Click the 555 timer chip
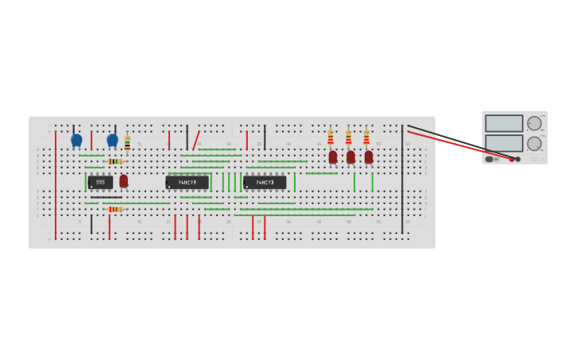(x=100, y=182)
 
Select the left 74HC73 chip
(x=187, y=182)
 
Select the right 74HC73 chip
(x=265, y=182)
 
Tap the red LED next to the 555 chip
(x=124, y=180)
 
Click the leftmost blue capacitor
(x=76, y=140)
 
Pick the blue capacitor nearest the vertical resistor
(x=112, y=140)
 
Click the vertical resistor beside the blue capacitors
(x=127, y=144)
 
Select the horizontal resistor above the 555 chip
(x=114, y=161)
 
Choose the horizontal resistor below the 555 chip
(x=114, y=209)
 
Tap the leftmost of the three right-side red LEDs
(x=333, y=157)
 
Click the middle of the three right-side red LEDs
(x=350, y=157)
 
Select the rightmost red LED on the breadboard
(x=369, y=157)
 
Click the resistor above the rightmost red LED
(x=366, y=137)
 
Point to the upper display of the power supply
(x=504, y=123)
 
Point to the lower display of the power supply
(x=504, y=143)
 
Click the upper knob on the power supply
(x=534, y=123)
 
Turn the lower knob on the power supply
(x=534, y=144)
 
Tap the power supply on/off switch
(x=489, y=159)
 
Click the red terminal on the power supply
(x=512, y=159)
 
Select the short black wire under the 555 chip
(x=106, y=197)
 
